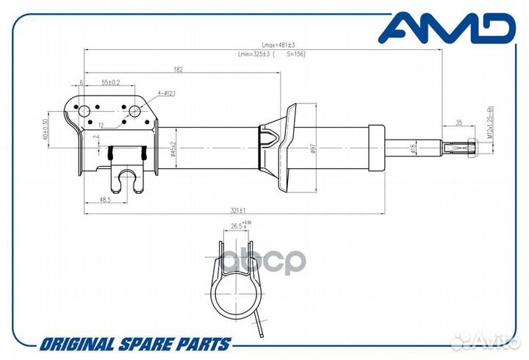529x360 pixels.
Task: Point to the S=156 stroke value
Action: tap(295, 54)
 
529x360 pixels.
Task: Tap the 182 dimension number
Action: tap(179, 69)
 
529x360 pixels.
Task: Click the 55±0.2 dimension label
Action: tap(111, 82)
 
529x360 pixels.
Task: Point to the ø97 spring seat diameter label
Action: tap(313, 148)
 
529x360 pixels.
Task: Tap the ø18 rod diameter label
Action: tap(413, 149)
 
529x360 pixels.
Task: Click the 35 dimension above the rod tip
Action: tap(458, 122)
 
